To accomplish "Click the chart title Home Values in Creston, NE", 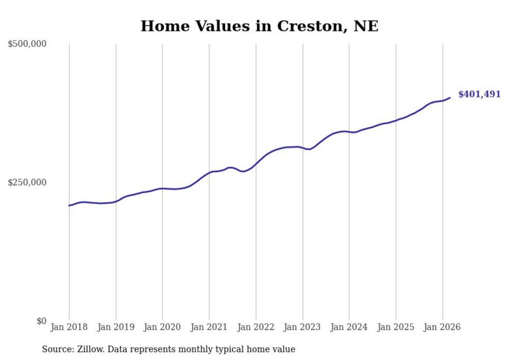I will [x=259, y=26].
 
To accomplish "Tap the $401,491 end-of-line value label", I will [x=479, y=94].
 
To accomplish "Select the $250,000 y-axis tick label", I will [x=27, y=182].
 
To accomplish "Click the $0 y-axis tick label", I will [x=41, y=321].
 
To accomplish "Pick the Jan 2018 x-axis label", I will [x=69, y=327].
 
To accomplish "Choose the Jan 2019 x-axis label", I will [x=116, y=327].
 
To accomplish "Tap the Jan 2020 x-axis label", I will [x=162, y=327].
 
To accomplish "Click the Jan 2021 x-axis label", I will [x=209, y=327].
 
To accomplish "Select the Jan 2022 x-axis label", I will [x=256, y=327].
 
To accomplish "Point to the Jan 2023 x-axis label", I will [x=302, y=327].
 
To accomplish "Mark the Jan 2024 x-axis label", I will [x=349, y=327].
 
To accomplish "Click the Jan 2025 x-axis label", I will [x=396, y=327].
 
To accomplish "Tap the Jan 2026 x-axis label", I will [x=443, y=327].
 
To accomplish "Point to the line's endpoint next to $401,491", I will [x=450, y=98].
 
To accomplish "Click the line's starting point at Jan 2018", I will [x=69, y=205].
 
